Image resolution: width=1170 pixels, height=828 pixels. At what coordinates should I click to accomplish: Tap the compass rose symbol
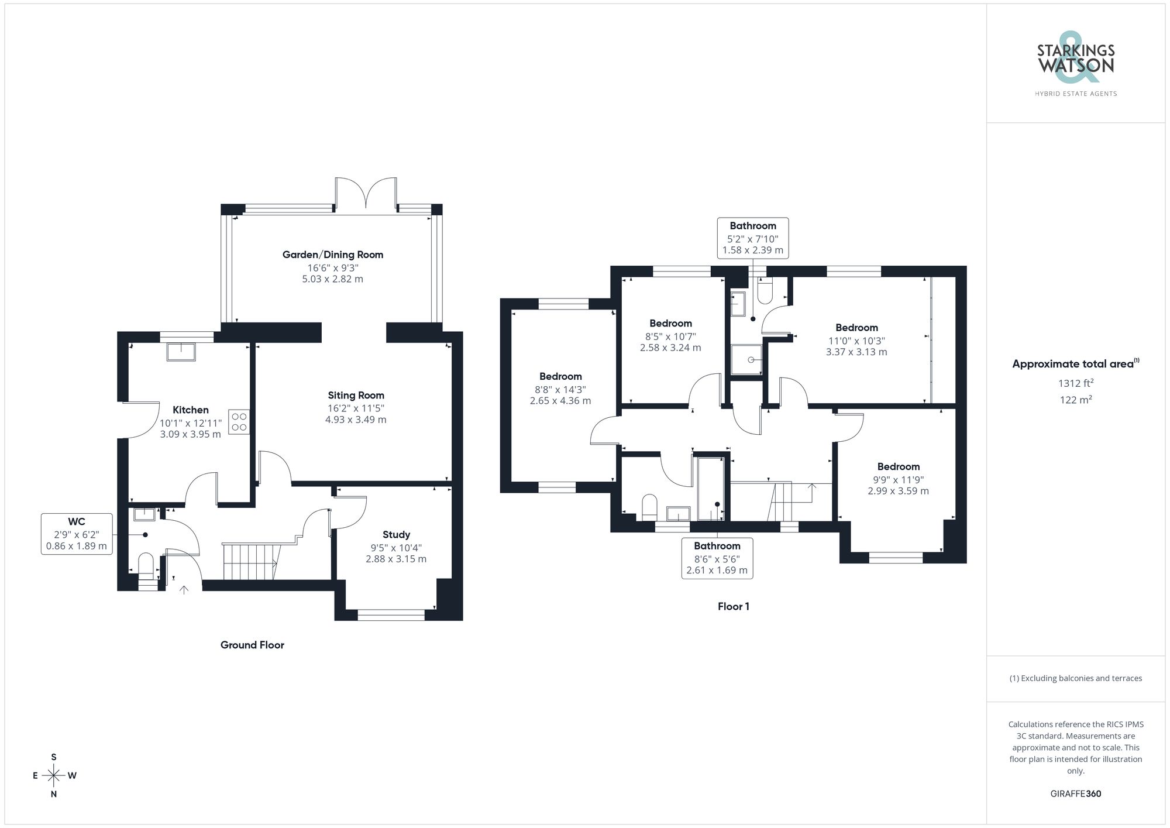point(54,776)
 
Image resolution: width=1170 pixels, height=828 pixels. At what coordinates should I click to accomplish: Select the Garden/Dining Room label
point(332,255)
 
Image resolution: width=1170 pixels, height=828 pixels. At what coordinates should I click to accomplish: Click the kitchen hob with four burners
point(239,422)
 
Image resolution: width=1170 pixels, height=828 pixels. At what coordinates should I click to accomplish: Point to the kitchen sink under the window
point(181,352)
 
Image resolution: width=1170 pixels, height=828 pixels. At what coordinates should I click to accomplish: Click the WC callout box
point(77,534)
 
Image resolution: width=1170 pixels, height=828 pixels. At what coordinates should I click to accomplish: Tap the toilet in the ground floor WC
point(146,566)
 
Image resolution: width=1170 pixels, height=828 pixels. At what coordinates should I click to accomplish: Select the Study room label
point(396,534)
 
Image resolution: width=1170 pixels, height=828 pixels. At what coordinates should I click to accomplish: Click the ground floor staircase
point(249,562)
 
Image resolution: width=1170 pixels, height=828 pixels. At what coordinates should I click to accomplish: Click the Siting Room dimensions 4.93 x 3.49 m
point(356,420)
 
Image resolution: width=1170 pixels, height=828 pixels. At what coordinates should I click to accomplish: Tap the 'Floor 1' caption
point(733,606)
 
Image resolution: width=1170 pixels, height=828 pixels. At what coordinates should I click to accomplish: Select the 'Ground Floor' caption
point(252,645)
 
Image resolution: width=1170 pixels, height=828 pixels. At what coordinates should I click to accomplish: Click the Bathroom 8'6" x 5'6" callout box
point(717,558)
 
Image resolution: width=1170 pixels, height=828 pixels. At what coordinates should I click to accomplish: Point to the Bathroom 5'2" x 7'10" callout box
point(752,238)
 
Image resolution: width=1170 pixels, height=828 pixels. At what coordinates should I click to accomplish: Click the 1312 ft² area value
point(1075,383)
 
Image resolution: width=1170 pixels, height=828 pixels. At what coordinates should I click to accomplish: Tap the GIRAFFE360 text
point(1075,793)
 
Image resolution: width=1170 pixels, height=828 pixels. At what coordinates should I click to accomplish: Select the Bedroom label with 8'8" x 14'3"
point(560,376)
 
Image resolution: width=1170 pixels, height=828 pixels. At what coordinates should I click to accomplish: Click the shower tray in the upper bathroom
point(747,360)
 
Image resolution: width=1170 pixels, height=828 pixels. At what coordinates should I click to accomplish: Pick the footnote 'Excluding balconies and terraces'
point(1075,678)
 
